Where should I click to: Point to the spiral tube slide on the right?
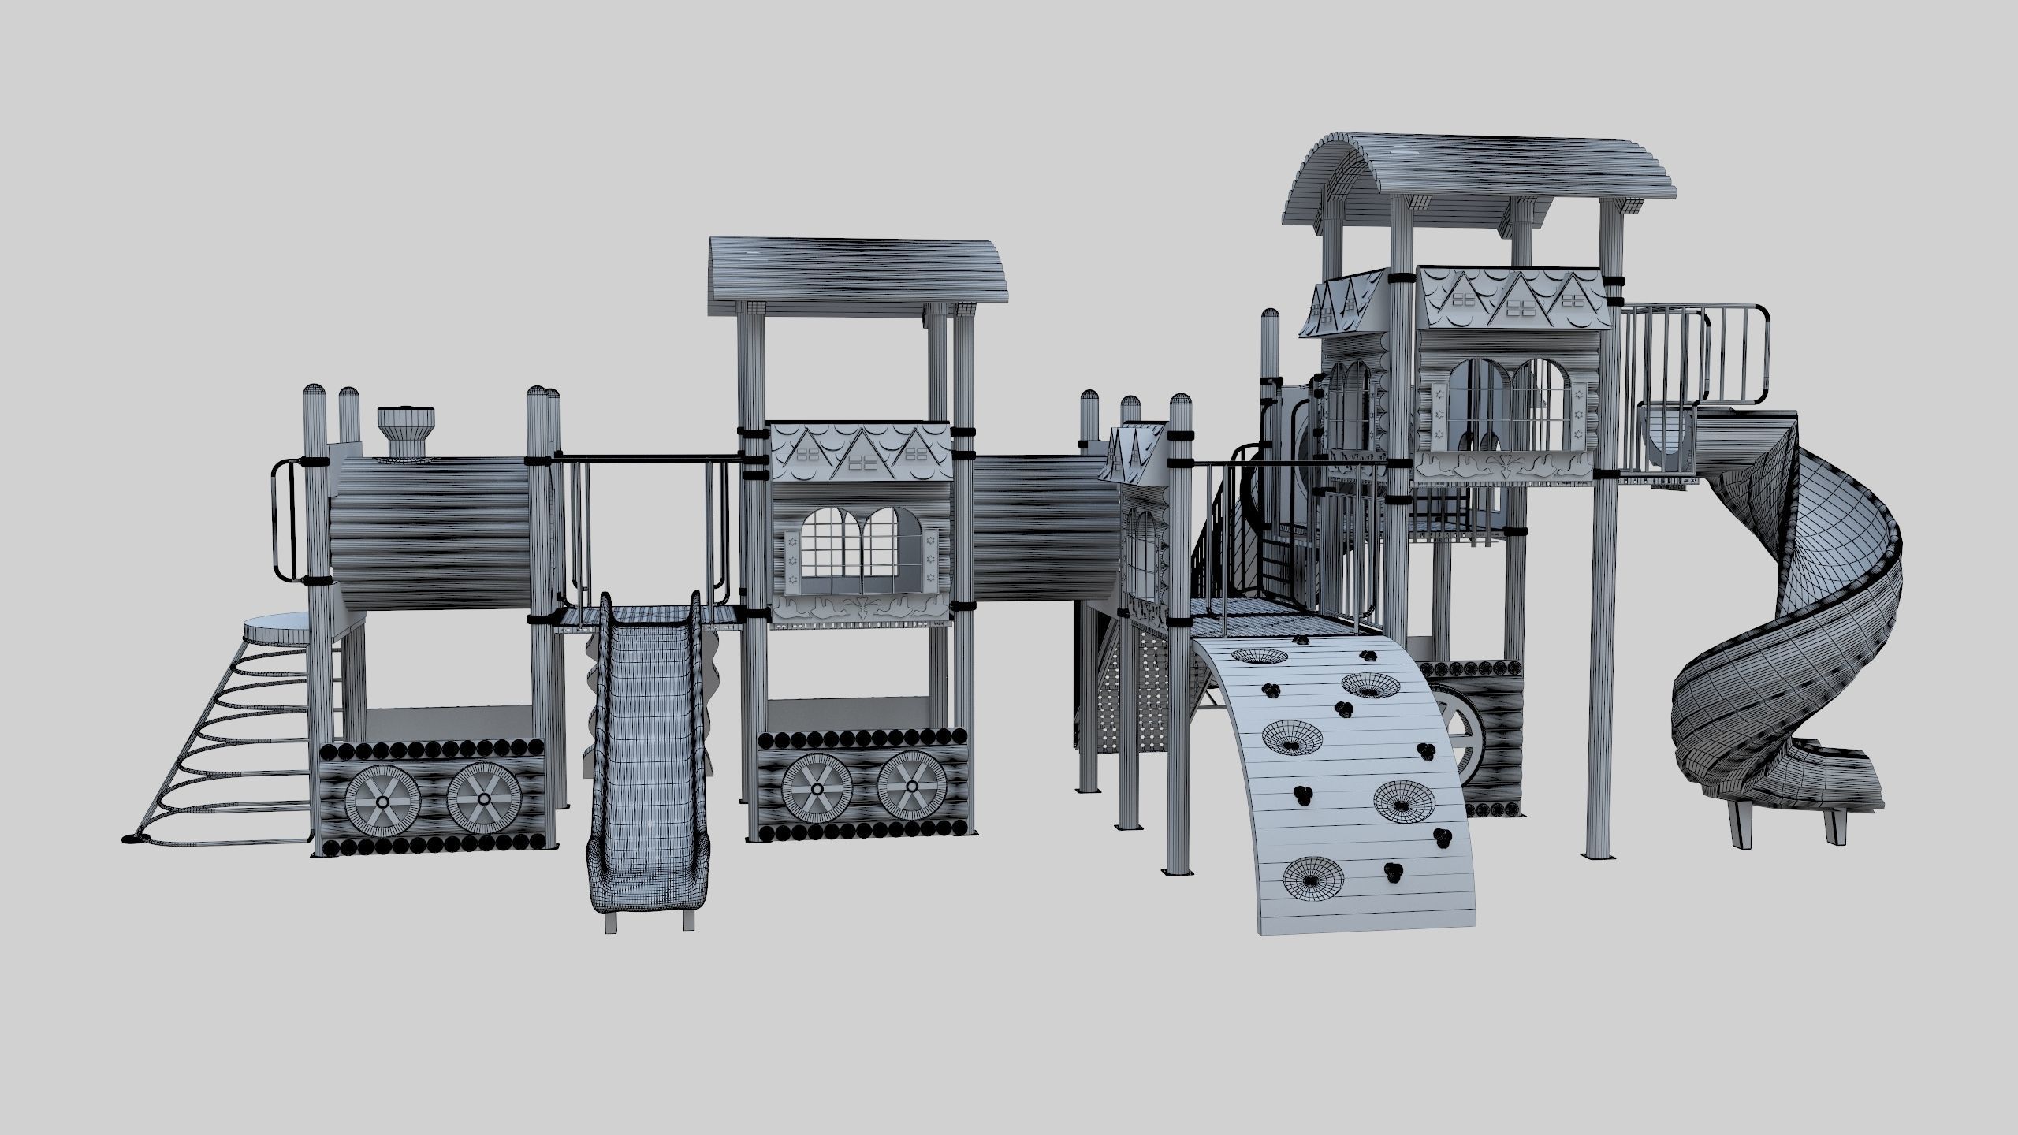click(1813, 631)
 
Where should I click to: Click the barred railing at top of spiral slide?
click(1695, 355)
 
